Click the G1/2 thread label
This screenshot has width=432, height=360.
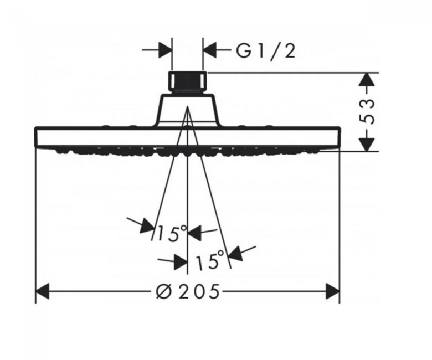(x=266, y=52)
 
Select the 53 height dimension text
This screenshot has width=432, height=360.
(x=368, y=112)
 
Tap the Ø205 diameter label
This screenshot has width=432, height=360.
(x=188, y=291)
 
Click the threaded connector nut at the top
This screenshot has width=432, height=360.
(x=187, y=82)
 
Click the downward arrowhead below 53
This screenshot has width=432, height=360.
(x=367, y=144)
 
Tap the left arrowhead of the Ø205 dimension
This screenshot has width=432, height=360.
(x=43, y=291)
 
